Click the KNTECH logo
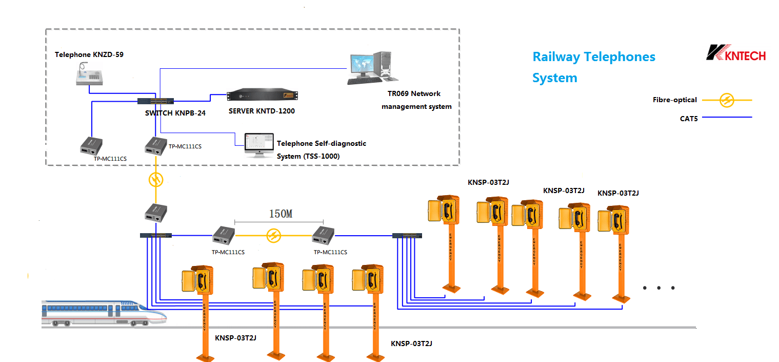tap(735, 52)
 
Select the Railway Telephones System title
tap(593, 67)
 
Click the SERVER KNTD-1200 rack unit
tap(263, 96)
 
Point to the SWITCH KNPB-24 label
tap(175, 113)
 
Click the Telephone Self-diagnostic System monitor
tap(259, 145)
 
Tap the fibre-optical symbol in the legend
tap(727, 100)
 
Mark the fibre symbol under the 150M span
tap(274, 236)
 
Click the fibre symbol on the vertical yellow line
tap(156, 180)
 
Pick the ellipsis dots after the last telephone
tap(658, 288)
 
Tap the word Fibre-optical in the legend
tap(674, 100)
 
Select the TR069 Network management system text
tap(416, 100)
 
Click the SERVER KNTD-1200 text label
tap(262, 111)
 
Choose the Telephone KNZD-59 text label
tap(89, 54)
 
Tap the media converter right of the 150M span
tap(323, 235)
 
